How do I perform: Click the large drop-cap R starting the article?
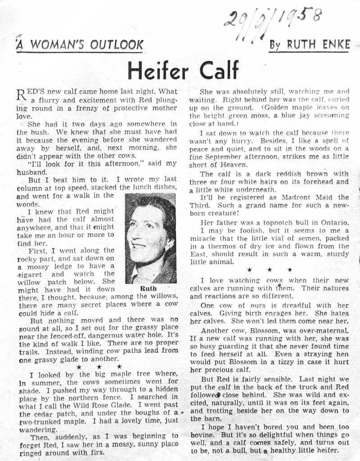click(21, 95)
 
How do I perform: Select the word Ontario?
click(332, 224)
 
